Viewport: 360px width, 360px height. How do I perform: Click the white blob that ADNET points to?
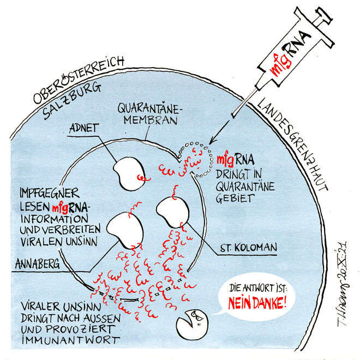[127, 171]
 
